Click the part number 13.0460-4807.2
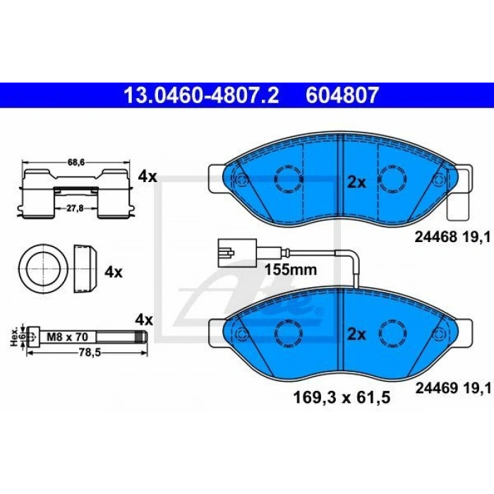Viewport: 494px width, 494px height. pyautogui.click(x=202, y=95)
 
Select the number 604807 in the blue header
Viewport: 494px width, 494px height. pyautogui.click(x=342, y=95)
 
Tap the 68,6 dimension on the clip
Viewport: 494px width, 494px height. pyautogui.click(x=76, y=162)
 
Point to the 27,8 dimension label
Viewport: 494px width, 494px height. pyautogui.click(x=76, y=208)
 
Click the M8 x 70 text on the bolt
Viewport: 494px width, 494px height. pyautogui.click(x=68, y=337)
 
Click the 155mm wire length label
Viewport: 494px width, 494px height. pyautogui.click(x=291, y=270)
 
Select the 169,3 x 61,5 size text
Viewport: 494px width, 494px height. pyautogui.click(x=342, y=397)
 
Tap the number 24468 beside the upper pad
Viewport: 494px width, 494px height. pyautogui.click(x=435, y=237)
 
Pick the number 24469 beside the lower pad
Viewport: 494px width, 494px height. pyautogui.click(x=436, y=388)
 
